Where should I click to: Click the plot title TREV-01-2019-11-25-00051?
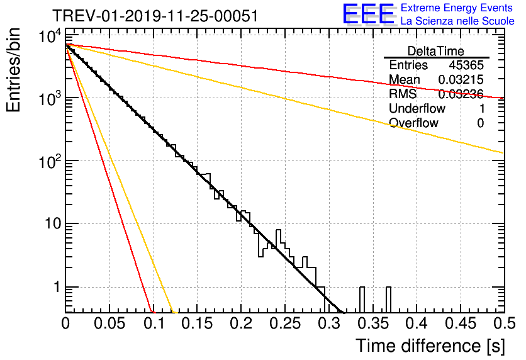[x=155, y=16]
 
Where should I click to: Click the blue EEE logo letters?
[x=369, y=14]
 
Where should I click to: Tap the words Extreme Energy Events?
[x=457, y=8]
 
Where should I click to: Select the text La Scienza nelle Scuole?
[x=457, y=21]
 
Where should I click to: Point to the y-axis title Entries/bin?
[x=13, y=70]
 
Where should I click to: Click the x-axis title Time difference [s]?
[x=430, y=346]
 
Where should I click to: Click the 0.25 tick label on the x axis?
[x=285, y=323]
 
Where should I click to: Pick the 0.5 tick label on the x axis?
[x=504, y=323]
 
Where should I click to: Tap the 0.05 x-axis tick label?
[x=109, y=323]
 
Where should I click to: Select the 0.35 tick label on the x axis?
[x=373, y=323]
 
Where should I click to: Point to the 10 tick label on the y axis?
[x=53, y=223]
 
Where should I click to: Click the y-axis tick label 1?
[x=57, y=287]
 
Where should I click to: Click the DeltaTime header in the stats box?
[x=436, y=51]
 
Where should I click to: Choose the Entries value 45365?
[x=466, y=65]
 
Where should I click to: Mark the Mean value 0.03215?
[x=461, y=79]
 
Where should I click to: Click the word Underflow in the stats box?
[x=417, y=108]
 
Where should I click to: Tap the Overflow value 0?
[x=480, y=123]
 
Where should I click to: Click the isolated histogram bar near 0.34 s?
[x=362, y=300]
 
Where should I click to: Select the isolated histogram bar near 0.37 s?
[x=388, y=300]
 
